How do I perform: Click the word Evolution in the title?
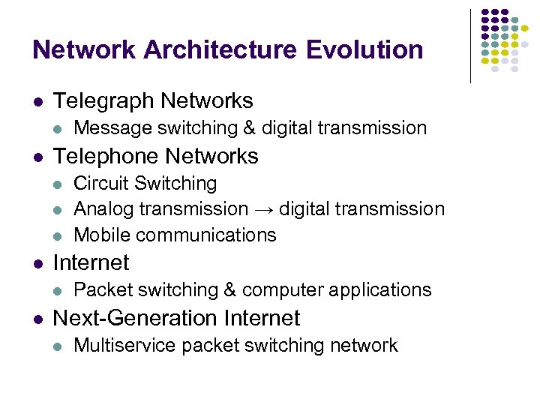[x=365, y=49]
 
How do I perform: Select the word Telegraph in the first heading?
[x=105, y=100]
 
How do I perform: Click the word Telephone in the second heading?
[x=106, y=156]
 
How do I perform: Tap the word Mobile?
[x=102, y=235]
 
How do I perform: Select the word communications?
[x=206, y=235]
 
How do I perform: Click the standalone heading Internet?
[x=91, y=262]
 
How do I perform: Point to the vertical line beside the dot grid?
[x=470, y=45]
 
